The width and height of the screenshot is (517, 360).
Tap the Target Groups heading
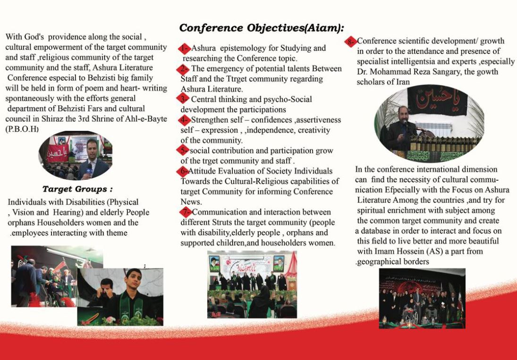77,189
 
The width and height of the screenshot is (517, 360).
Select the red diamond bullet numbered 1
185,48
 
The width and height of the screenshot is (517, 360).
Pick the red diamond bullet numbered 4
185,120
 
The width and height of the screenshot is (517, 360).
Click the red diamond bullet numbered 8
352,41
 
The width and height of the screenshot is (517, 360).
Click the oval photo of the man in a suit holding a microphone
76,155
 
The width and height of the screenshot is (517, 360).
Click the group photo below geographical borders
422,298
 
